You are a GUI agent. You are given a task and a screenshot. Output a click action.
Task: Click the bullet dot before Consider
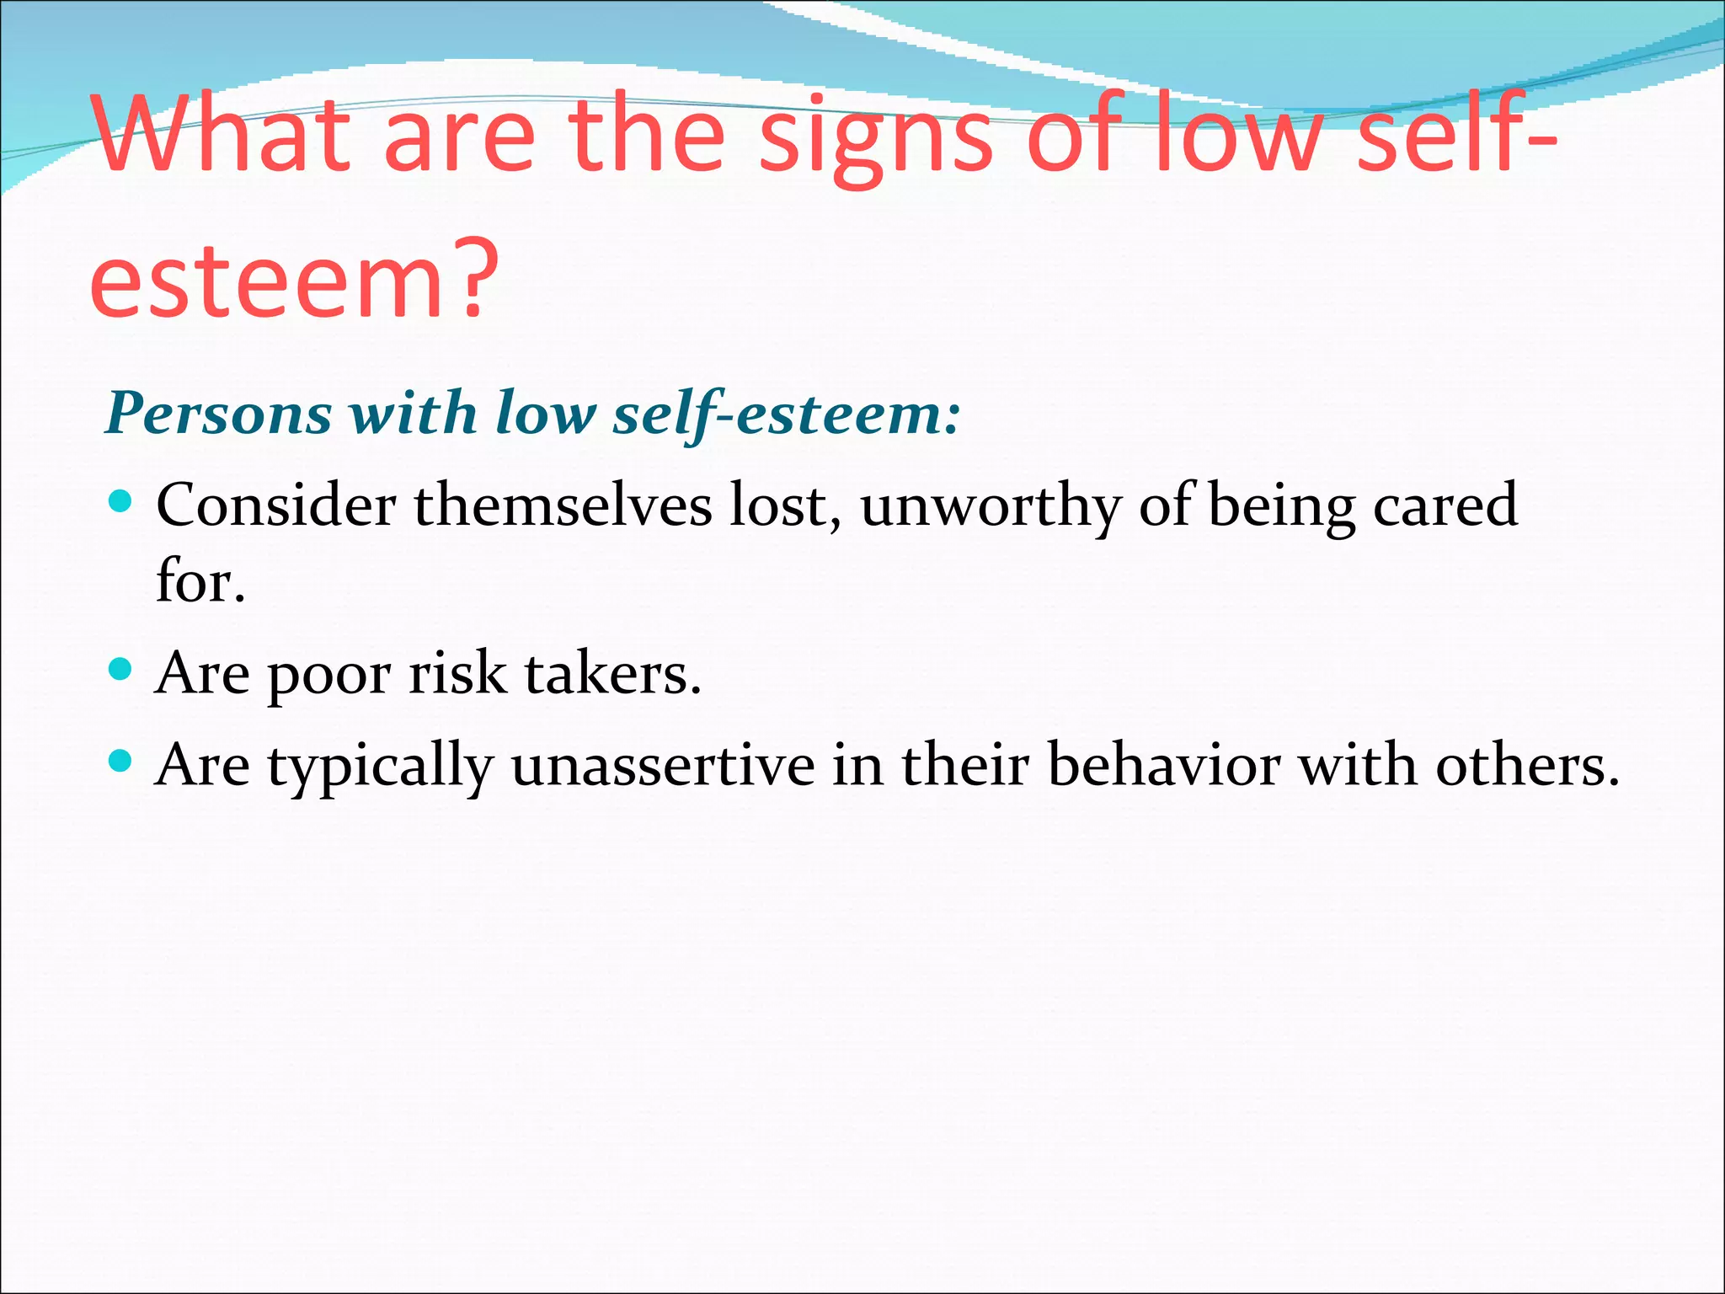[x=121, y=502]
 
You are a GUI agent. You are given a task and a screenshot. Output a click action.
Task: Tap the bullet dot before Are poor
[x=121, y=670]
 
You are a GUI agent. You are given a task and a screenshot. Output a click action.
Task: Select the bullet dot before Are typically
[x=121, y=762]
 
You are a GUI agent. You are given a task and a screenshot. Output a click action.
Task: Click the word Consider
[x=276, y=505]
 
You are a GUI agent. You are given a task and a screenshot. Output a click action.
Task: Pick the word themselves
[x=563, y=505]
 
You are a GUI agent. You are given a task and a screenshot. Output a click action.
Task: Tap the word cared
[x=1445, y=505]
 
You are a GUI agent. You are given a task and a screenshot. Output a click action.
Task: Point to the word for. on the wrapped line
[x=200, y=581]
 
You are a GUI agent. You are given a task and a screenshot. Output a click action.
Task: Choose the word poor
[x=329, y=676]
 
